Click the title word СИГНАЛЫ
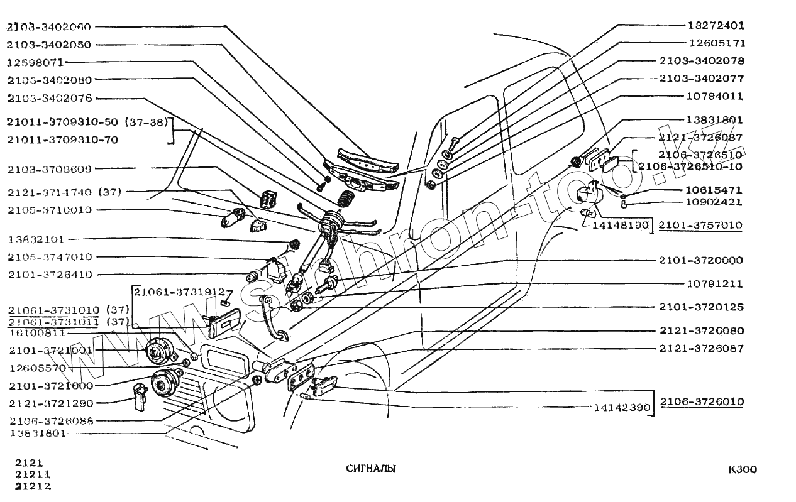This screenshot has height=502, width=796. tap(370, 469)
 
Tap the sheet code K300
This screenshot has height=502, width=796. tap(742, 470)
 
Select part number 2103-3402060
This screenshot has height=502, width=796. tap(49, 27)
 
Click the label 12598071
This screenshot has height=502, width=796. tap(36, 63)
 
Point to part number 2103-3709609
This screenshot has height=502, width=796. tap(50, 169)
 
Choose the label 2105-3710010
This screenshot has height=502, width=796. tap(50, 210)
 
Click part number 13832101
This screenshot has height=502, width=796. tap(36, 240)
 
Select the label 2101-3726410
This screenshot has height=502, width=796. tap(50, 275)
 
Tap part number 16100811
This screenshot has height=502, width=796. tap(37, 332)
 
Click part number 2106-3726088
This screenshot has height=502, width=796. tap(51, 421)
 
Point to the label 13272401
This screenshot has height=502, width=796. tap(716, 26)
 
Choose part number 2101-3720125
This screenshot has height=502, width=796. tap(700, 307)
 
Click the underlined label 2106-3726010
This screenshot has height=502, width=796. tap(702, 401)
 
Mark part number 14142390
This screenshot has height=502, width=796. tap(622, 407)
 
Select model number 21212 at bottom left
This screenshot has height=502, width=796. tap(33, 486)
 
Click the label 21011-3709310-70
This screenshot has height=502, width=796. tap(63, 140)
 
